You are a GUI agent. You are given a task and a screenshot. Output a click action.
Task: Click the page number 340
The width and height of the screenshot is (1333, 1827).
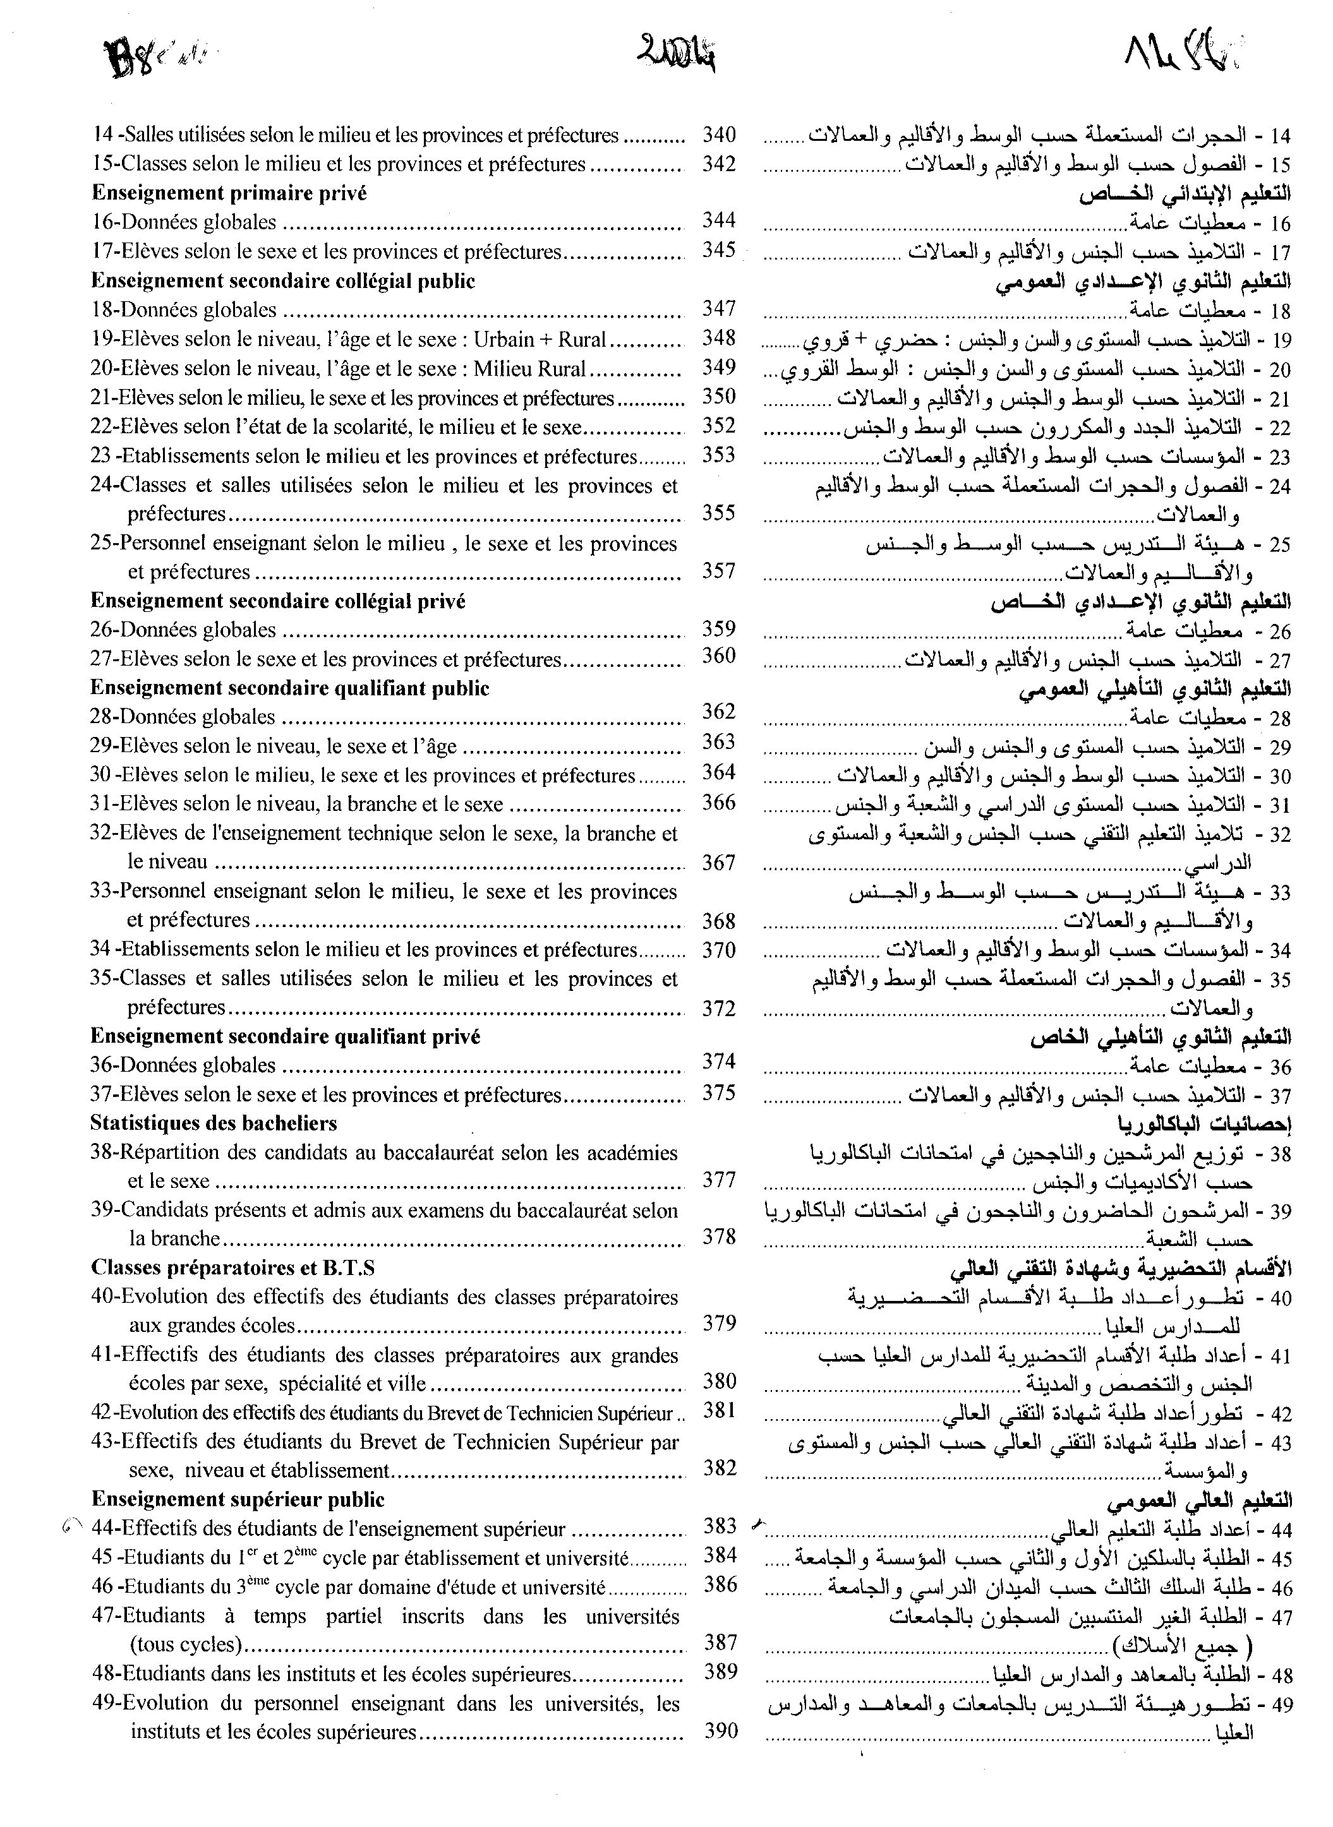point(718,134)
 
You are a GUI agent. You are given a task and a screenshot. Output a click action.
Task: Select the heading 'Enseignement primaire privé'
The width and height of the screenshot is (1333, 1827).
point(229,193)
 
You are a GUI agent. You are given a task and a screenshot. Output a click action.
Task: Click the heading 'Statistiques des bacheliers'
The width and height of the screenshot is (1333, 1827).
point(213,1123)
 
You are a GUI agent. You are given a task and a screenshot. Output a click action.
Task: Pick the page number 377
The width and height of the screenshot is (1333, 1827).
point(718,1180)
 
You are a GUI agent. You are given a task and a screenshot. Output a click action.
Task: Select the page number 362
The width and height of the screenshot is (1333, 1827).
point(718,712)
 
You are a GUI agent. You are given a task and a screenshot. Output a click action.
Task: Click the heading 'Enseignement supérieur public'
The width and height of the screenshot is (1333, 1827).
point(238,1499)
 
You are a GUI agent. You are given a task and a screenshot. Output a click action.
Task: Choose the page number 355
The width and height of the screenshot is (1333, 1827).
point(718,513)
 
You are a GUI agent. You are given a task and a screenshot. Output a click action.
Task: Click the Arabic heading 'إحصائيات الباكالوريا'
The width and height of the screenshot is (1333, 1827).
point(1204,1123)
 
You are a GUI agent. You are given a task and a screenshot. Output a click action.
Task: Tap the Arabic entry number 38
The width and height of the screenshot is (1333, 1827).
point(1281,1153)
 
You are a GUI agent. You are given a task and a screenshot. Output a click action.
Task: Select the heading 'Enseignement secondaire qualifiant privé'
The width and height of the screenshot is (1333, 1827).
point(285,1036)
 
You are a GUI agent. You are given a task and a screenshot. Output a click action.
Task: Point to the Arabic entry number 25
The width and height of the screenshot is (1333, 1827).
point(1281,544)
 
